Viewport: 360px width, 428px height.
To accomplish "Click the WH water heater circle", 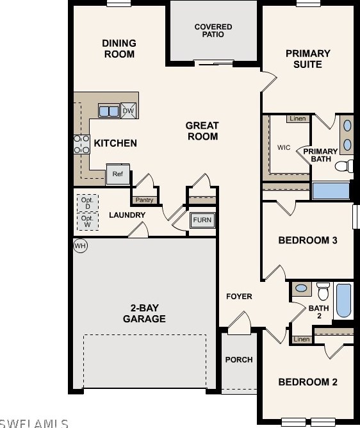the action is pos(80,246).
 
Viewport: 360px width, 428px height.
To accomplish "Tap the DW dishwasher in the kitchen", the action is pos(128,111).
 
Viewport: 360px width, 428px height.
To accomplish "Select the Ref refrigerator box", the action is pos(118,174).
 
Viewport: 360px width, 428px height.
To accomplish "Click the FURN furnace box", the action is pos(202,220).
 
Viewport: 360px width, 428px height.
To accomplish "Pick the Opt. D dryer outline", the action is pos(88,203).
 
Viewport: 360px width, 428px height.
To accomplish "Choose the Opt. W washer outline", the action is pos(88,222).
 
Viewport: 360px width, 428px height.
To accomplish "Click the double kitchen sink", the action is pos(109,111).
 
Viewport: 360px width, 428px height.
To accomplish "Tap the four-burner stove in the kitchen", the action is pos(81,144).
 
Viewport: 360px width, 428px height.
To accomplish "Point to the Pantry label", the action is pos(144,200).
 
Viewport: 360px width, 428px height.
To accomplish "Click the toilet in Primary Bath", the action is pos(344,166).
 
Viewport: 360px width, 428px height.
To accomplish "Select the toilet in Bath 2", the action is pos(323,291).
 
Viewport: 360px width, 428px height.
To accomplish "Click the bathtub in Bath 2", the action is pos(343,300).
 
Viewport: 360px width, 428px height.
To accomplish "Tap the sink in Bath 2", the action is pos(301,288).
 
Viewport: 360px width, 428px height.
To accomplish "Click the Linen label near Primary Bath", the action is pos(298,119).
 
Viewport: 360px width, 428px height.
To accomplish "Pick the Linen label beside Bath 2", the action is pos(302,340).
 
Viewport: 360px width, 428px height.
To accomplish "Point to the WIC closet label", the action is pos(284,147).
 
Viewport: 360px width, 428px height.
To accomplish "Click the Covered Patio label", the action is pos(213,31).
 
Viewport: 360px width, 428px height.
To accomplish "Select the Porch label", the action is pos(239,359).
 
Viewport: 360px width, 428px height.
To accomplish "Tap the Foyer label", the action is pos(239,297).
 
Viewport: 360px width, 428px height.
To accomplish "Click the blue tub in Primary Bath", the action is pos(331,190).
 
